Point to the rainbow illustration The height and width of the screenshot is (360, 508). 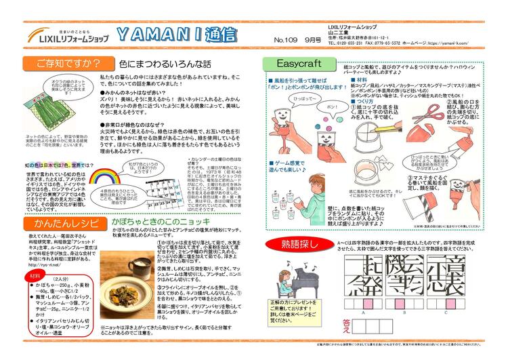click(106, 178)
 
